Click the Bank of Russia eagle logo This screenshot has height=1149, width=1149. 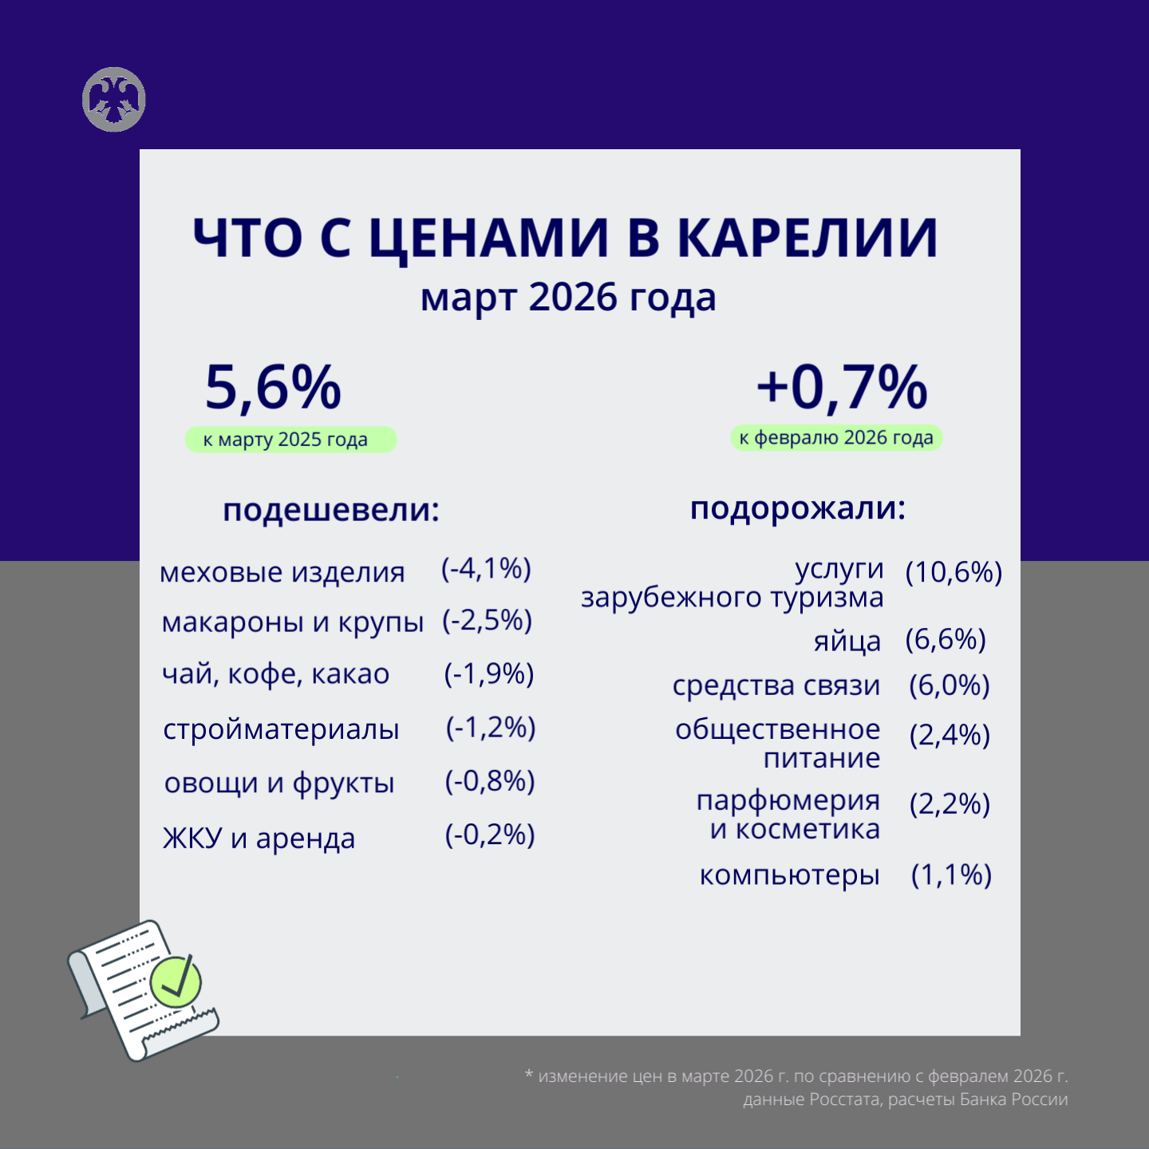(x=113, y=100)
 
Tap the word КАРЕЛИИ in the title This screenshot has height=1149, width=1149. (x=807, y=238)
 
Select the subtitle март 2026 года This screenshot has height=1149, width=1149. (x=568, y=298)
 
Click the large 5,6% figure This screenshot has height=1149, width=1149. (x=273, y=388)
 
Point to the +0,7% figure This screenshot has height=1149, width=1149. (x=842, y=388)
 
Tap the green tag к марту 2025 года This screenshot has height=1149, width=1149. (x=290, y=440)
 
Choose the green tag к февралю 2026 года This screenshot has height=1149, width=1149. (x=836, y=437)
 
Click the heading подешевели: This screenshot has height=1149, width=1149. (x=331, y=510)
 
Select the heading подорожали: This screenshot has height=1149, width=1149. (x=798, y=508)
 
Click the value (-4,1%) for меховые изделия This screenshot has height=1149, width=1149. (x=486, y=568)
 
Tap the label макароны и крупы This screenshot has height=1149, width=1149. (x=292, y=622)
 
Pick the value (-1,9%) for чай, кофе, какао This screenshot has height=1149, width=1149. (x=488, y=674)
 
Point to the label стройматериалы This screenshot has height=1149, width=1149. (x=281, y=729)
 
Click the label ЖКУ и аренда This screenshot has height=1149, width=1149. (x=259, y=839)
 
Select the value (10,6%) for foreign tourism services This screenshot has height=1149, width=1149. (x=954, y=572)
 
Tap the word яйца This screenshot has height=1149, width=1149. (x=847, y=641)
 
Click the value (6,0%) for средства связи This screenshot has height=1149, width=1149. (x=950, y=685)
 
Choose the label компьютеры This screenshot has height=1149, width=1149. (x=789, y=875)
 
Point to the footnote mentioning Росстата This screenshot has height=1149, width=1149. (x=905, y=1100)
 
